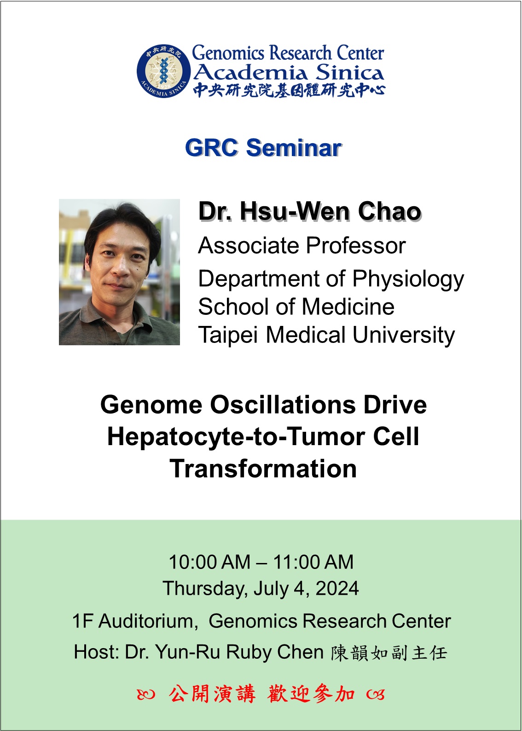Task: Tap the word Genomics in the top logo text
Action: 227,53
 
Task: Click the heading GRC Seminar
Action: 263,147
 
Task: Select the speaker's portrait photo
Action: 119,272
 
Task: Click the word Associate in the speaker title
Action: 249,245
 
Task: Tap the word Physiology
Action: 408,280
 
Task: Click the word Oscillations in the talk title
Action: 283,405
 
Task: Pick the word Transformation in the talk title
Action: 263,469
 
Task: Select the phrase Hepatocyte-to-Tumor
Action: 236,437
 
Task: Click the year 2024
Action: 337,588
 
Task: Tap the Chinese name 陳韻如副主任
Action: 389,653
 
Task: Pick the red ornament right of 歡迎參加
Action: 375,694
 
